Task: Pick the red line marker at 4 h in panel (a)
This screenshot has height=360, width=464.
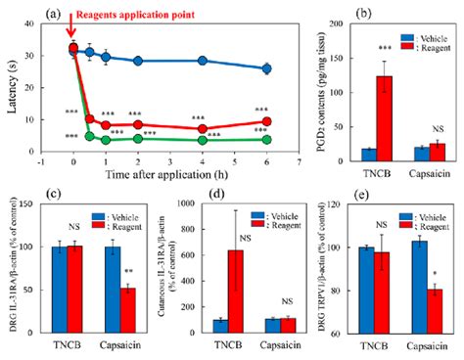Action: tap(203, 128)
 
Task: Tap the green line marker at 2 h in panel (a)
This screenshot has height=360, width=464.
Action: tap(138, 141)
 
